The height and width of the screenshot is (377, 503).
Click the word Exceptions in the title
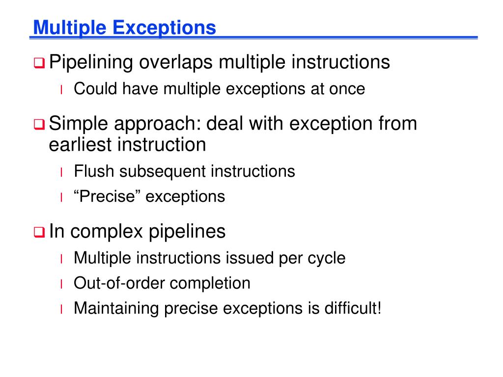165,27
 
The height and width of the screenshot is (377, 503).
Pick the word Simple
81,123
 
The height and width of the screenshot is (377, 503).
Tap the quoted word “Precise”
108,197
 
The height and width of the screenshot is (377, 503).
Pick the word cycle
327,258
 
